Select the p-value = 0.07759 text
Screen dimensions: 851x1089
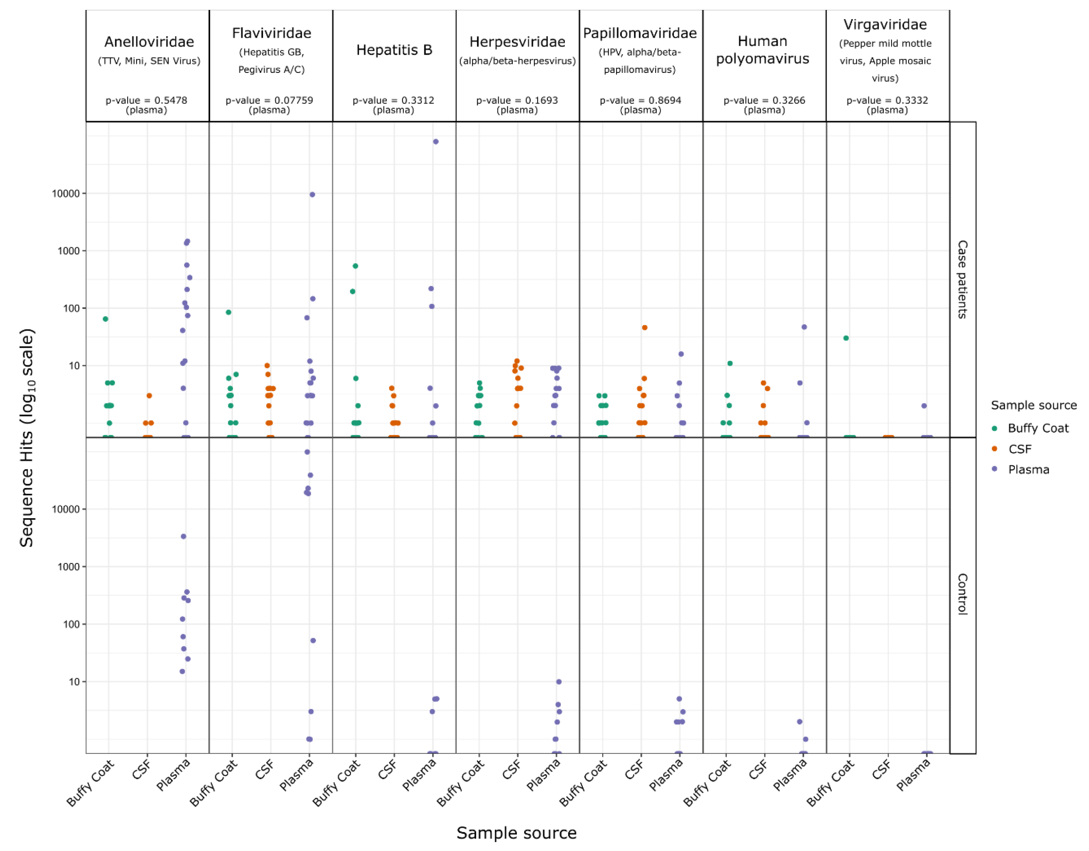pos(269,100)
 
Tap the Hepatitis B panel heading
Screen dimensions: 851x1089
pos(394,50)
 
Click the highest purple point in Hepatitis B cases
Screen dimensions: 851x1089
pos(436,142)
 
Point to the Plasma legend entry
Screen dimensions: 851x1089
pos(1028,470)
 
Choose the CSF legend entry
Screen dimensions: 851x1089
pos(1020,449)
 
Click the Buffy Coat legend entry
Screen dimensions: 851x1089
pos(1038,428)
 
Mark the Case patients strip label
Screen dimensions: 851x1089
pos(962,279)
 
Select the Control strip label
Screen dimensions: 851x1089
pos(962,594)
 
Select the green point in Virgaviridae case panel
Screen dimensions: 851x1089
pos(846,338)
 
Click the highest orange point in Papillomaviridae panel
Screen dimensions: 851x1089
pos(645,328)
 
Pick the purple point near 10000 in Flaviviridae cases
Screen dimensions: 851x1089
pos(312,195)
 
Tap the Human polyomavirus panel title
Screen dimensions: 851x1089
pos(762,50)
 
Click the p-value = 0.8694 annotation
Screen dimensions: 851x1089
pos(640,100)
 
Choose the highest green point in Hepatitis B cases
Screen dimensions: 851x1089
pos(355,266)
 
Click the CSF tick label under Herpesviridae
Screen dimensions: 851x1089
pos(512,770)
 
